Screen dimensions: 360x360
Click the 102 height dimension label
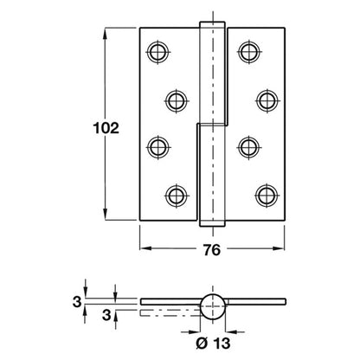point(106,128)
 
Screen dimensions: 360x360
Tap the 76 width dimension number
point(212,250)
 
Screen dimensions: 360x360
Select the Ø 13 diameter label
point(213,344)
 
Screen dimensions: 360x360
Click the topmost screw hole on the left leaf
point(157,52)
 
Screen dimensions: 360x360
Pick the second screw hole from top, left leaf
point(177,101)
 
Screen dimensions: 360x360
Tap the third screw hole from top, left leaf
point(158,147)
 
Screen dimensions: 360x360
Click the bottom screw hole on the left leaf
point(177,196)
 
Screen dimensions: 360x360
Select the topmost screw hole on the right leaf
point(248,52)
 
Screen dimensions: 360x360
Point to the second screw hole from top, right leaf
point(267,100)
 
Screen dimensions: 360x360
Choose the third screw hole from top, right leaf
point(248,147)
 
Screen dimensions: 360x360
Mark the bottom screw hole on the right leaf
point(267,196)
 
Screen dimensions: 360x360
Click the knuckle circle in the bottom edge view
point(213,306)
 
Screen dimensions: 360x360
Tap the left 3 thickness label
point(77,302)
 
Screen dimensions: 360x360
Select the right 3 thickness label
point(106,315)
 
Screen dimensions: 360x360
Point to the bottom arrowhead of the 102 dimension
point(106,215)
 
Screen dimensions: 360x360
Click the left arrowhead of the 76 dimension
point(145,248)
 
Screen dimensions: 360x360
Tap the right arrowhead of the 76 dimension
point(279,248)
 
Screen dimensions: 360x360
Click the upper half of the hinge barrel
point(213,74)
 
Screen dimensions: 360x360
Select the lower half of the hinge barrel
point(213,176)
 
